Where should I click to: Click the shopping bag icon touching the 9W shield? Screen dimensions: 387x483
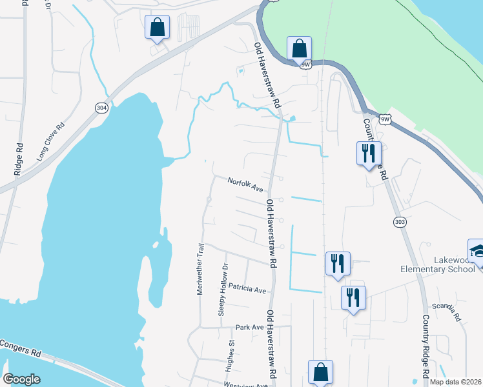pyautogui.click(x=299, y=48)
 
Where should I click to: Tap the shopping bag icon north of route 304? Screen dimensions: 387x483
pyautogui.click(x=157, y=27)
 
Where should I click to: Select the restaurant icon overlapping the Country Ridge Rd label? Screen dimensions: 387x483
pyautogui.click(x=369, y=154)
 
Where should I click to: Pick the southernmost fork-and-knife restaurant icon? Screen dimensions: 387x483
pyautogui.click(x=353, y=298)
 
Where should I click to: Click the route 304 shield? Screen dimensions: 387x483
pyautogui.click(x=101, y=108)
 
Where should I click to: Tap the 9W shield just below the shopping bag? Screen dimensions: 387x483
pyautogui.click(x=306, y=64)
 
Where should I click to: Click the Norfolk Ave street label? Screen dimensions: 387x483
pyautogui.click(x=245, y=185)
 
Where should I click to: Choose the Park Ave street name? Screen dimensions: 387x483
pyautogui.click(x=249, y=327)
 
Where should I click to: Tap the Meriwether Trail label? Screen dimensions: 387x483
pyautogui.click(x=200, y=269)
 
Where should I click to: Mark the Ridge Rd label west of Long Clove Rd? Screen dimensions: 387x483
pyautogui.click(x=18, y=159)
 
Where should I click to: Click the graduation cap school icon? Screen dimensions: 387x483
pyautogui.click(x=477, y=252)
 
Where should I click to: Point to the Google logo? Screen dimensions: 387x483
pyautogui.click(x=21, y=379)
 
